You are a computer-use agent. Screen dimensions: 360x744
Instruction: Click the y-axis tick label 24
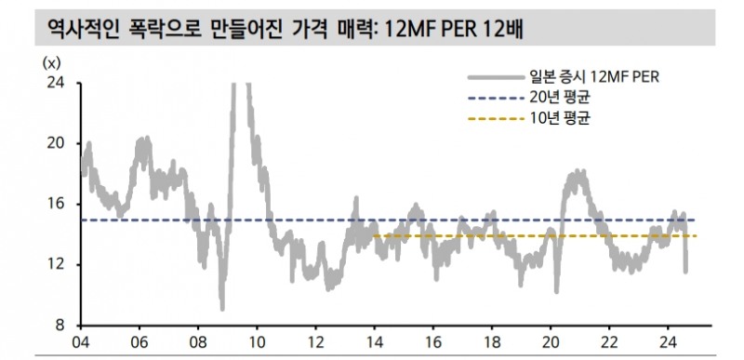pyautogui.click(x=57, y=83)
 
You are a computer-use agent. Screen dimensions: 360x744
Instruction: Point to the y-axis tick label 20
pyautogui.click(x=57, y=143)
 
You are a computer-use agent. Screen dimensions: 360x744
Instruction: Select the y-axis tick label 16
pyautogui.click(x=57, y=204)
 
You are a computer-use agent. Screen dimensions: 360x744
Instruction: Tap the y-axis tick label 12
pyautogui.click(x=57, y=264)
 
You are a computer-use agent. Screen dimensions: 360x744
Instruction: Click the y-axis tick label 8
pyautogui.click(x=60, y=325)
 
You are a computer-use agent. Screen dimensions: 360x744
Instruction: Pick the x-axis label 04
pyautogui.click(x=81, y=340)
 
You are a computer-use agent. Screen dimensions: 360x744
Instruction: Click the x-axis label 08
pyautogui.click(x=198, y=340)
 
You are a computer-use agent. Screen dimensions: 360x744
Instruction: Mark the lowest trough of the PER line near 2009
pyautogui.click(x=222, y=308)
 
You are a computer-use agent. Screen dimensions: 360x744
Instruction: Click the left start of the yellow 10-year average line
pyautogui.click(x=373, y=236)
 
